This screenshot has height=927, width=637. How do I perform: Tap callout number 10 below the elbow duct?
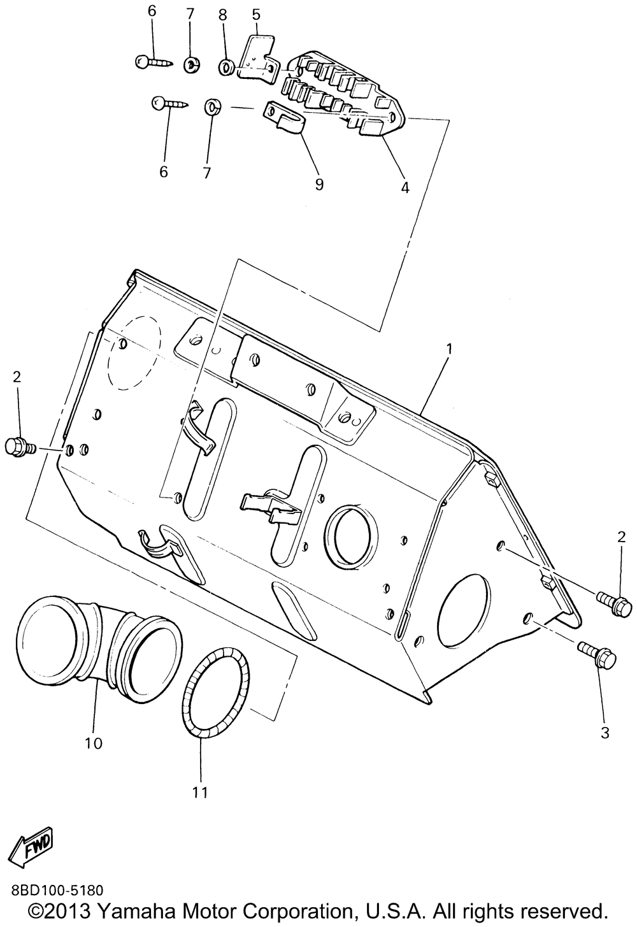[93, 743]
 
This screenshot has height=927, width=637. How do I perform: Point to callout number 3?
[605, 733]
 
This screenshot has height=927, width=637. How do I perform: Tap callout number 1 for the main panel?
[449, 349]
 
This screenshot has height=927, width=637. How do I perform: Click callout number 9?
[319, 184]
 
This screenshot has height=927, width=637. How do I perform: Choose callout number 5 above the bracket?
[256, 12]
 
